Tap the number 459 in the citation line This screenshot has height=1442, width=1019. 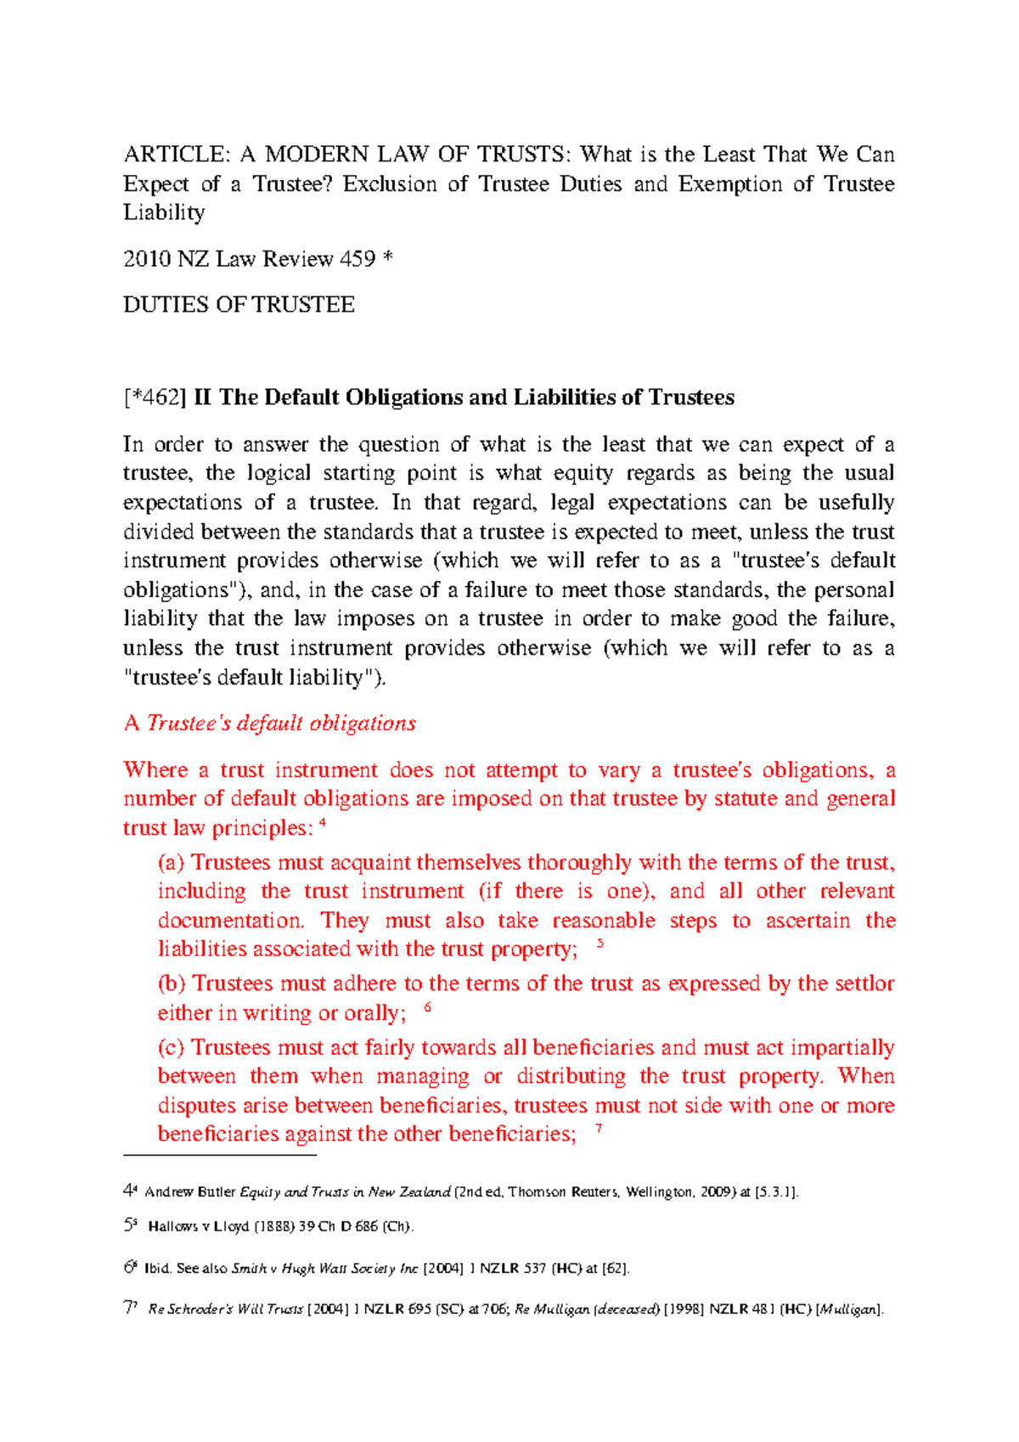pos(357,259)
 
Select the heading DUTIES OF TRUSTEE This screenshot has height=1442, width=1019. pos(239,305)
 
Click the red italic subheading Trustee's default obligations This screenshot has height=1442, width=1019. pos(281,724)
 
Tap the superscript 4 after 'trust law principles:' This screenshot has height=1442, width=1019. pos(324,822)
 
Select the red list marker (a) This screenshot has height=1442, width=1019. pos(171,863)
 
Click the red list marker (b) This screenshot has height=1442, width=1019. pos(172,983)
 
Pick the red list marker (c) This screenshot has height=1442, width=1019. pos(171,1048)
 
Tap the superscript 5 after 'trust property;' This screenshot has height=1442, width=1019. pos(600,943)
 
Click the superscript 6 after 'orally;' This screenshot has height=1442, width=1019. pos(427,1007)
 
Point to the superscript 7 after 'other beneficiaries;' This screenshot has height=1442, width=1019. pos(600,1128)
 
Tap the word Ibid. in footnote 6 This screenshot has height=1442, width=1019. pos(158,1269)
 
